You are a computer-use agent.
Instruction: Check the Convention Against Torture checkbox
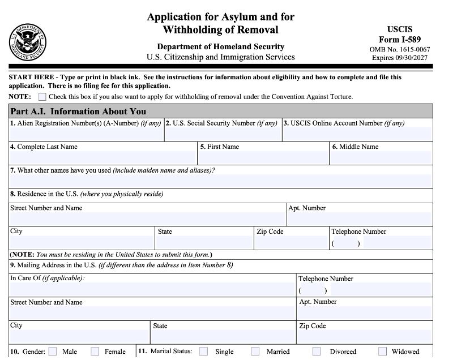point(42,97)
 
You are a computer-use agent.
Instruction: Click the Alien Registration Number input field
point(87,134)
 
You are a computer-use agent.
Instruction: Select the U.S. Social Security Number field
point(223,134)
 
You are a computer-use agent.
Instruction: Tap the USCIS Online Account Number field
point(357,134)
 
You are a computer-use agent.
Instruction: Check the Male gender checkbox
point(53,352)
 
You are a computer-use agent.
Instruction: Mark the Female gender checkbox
point(95,352)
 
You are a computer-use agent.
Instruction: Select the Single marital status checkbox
point(203,352)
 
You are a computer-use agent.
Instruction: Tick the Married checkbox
point(255,352)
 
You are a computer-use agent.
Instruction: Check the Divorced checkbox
point(317,352)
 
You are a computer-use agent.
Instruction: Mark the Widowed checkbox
point(383,352)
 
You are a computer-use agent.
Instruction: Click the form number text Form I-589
point(399,39)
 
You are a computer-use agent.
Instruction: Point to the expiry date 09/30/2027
point(411,58)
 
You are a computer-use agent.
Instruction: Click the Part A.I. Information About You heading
point(78,112)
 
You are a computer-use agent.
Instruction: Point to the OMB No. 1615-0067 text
point(399,49)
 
